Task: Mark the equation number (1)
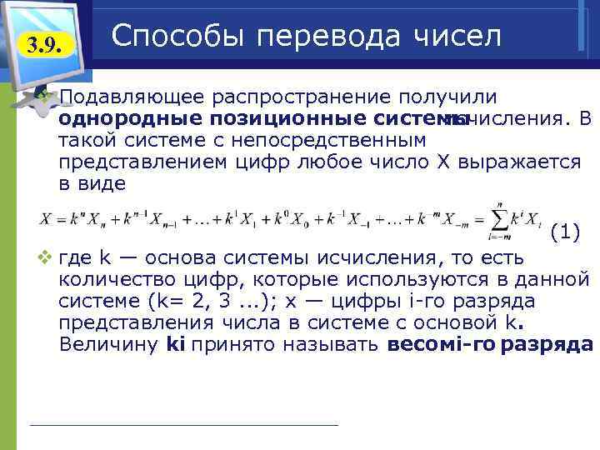[566, 232]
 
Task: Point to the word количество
[109, 277]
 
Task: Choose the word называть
[334, 343]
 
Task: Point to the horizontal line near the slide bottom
[183, 425]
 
